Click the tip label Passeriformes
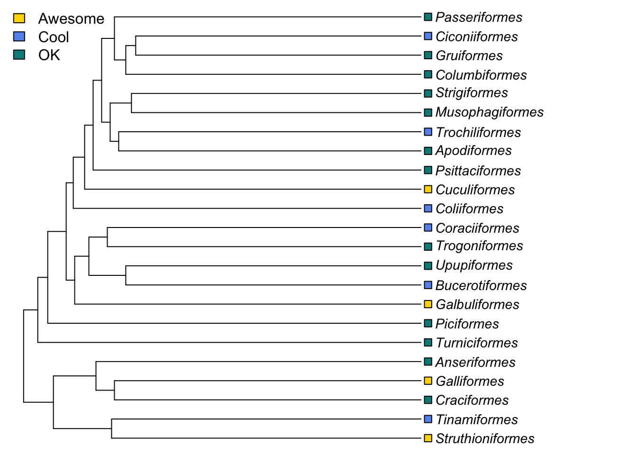[479, 18]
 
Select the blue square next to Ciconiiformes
[428, 36]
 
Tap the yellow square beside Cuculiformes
[428, 190]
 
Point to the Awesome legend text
[71, 18]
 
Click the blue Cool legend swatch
[19, 36]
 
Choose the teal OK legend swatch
[19, 55]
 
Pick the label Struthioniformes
[485, 439]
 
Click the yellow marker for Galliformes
[428, 381]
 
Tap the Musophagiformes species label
[490, 112]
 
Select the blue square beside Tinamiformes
[428, 419]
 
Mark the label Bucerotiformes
[481, 285]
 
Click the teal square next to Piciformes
[428, 323]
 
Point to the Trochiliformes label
[478, 132]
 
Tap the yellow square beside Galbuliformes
[428, 304]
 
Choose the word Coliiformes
[469, 209]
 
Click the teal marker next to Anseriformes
[428, 362]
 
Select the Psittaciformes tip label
[478, 171]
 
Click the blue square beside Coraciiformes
[428, 228]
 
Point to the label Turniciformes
[477, 343]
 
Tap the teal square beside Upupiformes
[428, 266]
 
